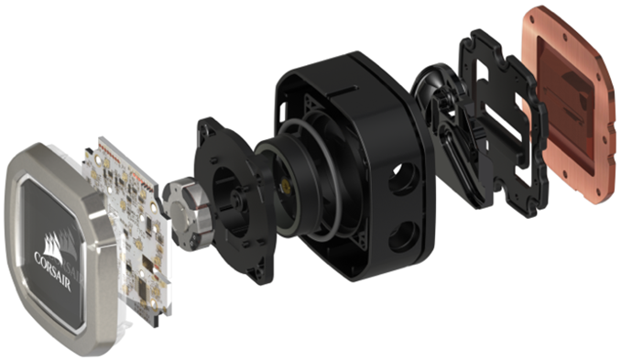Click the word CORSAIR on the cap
click(x=54, y=268)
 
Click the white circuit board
click(x=131, y=225)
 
